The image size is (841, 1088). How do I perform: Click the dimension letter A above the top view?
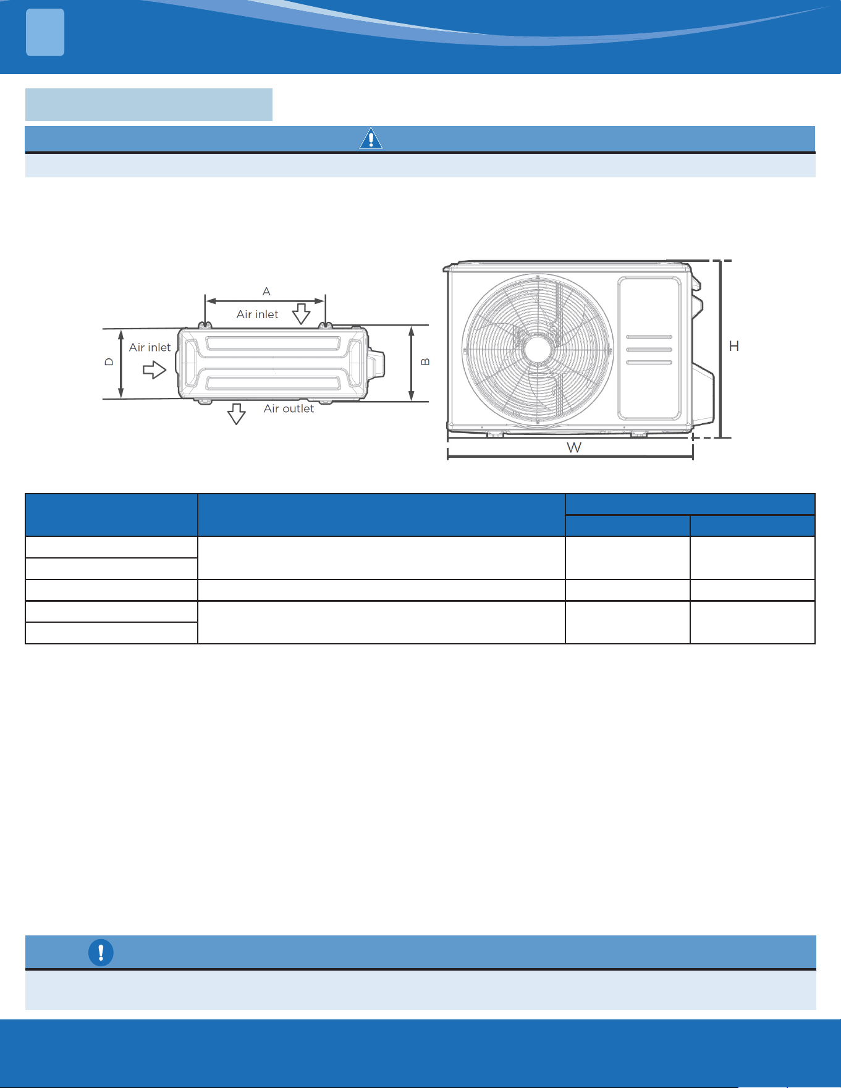266,291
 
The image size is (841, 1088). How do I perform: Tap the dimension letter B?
425,362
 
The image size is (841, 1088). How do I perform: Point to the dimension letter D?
109,362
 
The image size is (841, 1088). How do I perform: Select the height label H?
734,346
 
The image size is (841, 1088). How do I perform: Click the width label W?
574,447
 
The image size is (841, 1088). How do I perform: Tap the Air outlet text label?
289,408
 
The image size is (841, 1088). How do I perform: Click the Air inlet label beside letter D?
150,347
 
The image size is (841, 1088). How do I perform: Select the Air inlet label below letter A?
257,314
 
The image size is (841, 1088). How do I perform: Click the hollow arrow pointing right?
154,370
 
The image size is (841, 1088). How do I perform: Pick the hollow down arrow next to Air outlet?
237,414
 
